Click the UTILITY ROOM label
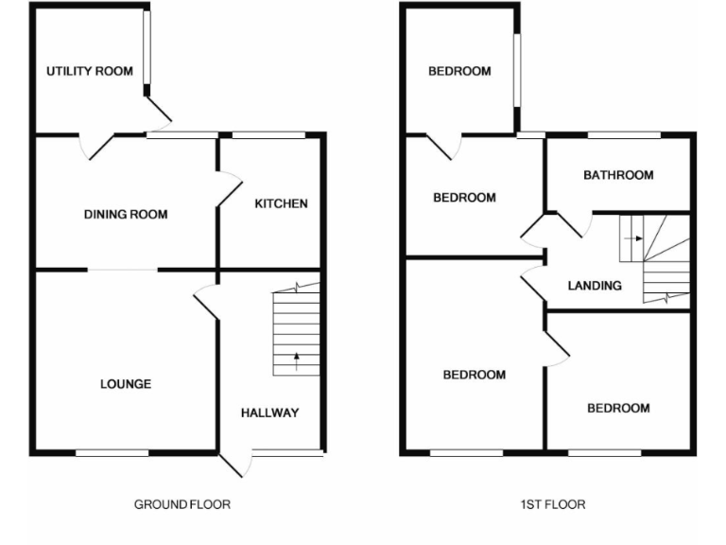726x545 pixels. (90, 71)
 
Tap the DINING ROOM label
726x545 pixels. (126, 215)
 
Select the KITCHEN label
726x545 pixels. (281, 203)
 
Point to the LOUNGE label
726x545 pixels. (126, 384)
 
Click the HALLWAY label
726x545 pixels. (269, 413)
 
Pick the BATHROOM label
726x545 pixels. (618, 175)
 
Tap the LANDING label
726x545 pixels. (595, 286)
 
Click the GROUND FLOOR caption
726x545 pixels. (181, 504)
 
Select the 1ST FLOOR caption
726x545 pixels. (553, 504)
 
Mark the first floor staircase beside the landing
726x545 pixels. (655, 258)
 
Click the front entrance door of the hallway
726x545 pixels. (236, 463)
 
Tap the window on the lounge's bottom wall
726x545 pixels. (112, 453)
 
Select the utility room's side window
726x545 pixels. (147, 51)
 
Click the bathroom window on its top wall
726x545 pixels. (624, 135)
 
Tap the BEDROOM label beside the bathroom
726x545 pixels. (464, 198)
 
